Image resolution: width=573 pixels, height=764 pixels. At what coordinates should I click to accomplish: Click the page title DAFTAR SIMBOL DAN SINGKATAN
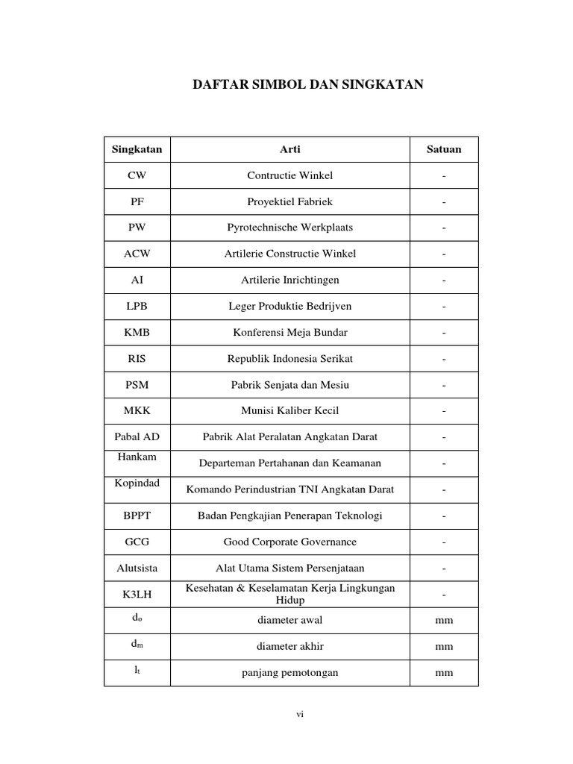(x=308, y=85)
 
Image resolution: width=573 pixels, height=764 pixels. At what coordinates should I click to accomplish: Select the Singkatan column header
(x=137, y=149)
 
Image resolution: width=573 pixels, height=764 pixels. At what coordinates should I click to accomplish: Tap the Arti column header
(x=290, y=149)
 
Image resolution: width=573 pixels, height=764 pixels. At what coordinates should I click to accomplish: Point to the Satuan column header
(x=444, y=149)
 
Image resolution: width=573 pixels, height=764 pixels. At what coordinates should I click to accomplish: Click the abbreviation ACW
(x=137, y=254)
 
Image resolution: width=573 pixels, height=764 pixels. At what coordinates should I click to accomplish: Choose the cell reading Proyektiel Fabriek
(x=290, y=201)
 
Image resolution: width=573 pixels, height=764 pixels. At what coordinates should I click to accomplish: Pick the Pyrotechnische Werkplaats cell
(x=290, y=228)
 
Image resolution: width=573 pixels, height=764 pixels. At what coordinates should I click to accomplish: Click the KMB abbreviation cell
(x=137, y=333)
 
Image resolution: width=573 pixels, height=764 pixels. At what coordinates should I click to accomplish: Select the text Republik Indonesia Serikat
(x=290, y=359)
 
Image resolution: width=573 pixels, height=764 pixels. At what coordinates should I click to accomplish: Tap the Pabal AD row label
(x=137, y=437)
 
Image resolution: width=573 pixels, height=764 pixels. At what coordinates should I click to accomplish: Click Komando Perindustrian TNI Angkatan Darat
(x=290, y=489)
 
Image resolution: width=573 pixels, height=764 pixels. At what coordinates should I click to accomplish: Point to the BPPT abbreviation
(x=137, y=516)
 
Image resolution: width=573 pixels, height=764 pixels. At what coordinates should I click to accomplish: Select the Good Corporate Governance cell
(x=290, y=542)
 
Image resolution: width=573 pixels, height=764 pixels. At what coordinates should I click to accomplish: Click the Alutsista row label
(x=137, y=568)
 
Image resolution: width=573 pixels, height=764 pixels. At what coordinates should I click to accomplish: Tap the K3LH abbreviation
(x=137, y=595)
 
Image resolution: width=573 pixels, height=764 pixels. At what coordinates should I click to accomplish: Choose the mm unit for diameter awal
(x=444, y=621)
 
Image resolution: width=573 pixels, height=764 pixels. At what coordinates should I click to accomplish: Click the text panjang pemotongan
(x=290, y=673)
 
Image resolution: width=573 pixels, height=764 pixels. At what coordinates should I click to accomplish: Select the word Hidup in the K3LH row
(x=290, y=601)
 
